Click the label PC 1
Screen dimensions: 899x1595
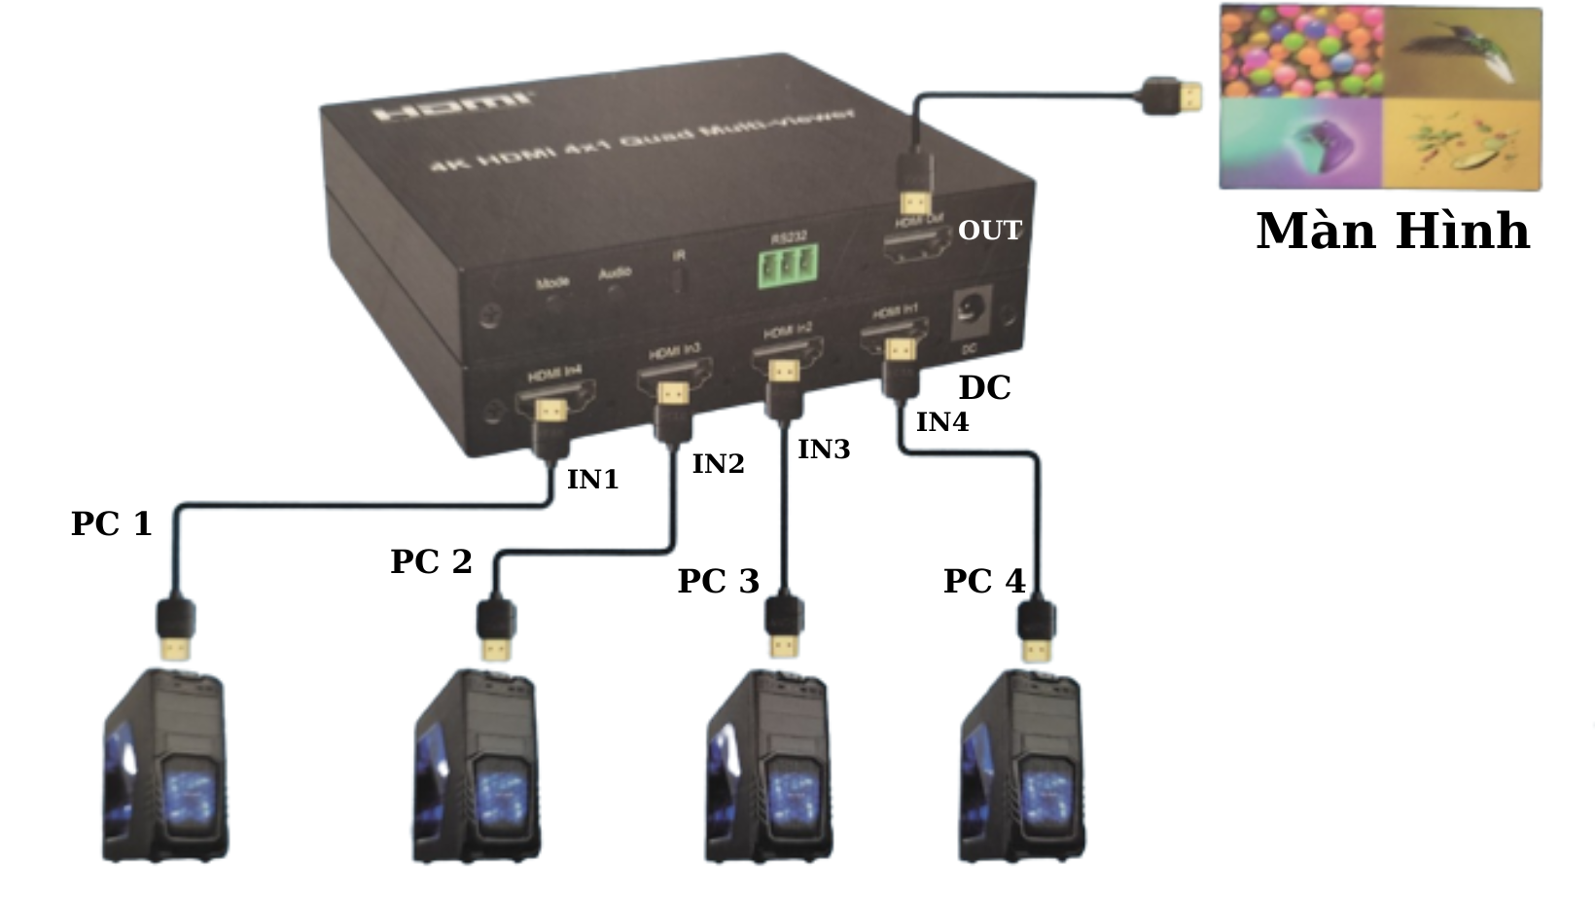pyautogui.click(x=112, y=523)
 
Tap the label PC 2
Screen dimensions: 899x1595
pyautogui.click(x=431, y=561)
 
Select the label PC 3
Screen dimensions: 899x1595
pyautogui.click(x=718, y=581)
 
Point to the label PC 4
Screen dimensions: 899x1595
pyautogui.click(x=984, y=581)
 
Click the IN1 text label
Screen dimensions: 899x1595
pyautogui.click(x=592, y=480)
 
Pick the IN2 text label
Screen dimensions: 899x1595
pyautogui.click(x=718, y=464)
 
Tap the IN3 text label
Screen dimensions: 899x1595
pyautogui.click(x=824, y=449)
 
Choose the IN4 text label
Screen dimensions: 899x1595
pyautogui.click(x=941, y=422)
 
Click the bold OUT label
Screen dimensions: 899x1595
pyautogui.click(x=989, y=231)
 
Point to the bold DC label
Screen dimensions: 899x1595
pyautogui.click(x=984, y=387)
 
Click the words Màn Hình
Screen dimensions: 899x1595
pyautogui.click(x=1393, y=232)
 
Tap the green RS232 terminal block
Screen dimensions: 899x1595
pyautogui.click(x=787, y=266)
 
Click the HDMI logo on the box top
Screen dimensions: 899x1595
pyautogui.click(x=453, y=105)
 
